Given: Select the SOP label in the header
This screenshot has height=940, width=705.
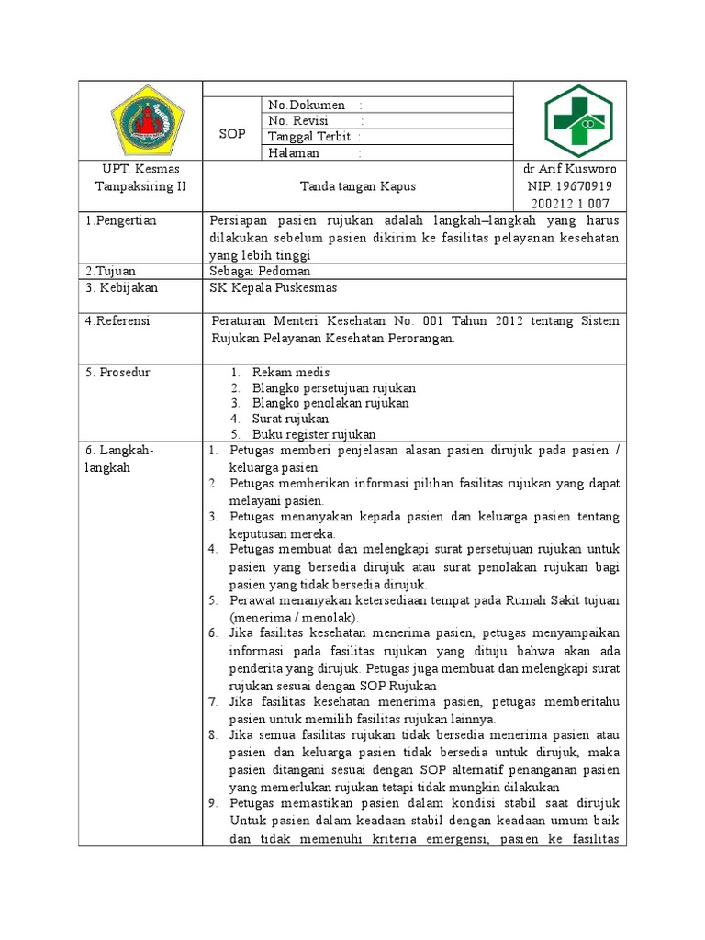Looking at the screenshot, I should coord(232,134).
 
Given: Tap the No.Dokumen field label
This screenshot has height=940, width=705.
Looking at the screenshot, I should coord(307,105).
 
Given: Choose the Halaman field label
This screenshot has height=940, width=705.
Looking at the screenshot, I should coord(294,153).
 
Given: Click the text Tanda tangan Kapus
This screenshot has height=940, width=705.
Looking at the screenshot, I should coord(358,186).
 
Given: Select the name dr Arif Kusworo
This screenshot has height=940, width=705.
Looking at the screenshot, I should coord(569,169).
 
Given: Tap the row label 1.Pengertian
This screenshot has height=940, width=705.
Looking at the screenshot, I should coord(121,221).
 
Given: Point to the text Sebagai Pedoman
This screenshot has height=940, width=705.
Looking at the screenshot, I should coord(261,271).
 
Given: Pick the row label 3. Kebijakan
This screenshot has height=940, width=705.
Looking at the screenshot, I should coord(121,288).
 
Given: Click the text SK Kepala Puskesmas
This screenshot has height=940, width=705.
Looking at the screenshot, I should coord(274,288).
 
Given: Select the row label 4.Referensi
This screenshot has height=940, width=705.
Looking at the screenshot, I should coord(117,321).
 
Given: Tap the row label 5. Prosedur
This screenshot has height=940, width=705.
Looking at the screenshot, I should coord(117,373).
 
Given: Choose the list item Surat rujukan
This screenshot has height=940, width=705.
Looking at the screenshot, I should coord(290,419).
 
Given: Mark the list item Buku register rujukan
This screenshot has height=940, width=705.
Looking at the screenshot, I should coord(314,434).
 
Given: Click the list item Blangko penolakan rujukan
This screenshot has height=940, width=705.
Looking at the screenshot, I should coord(330,403).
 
